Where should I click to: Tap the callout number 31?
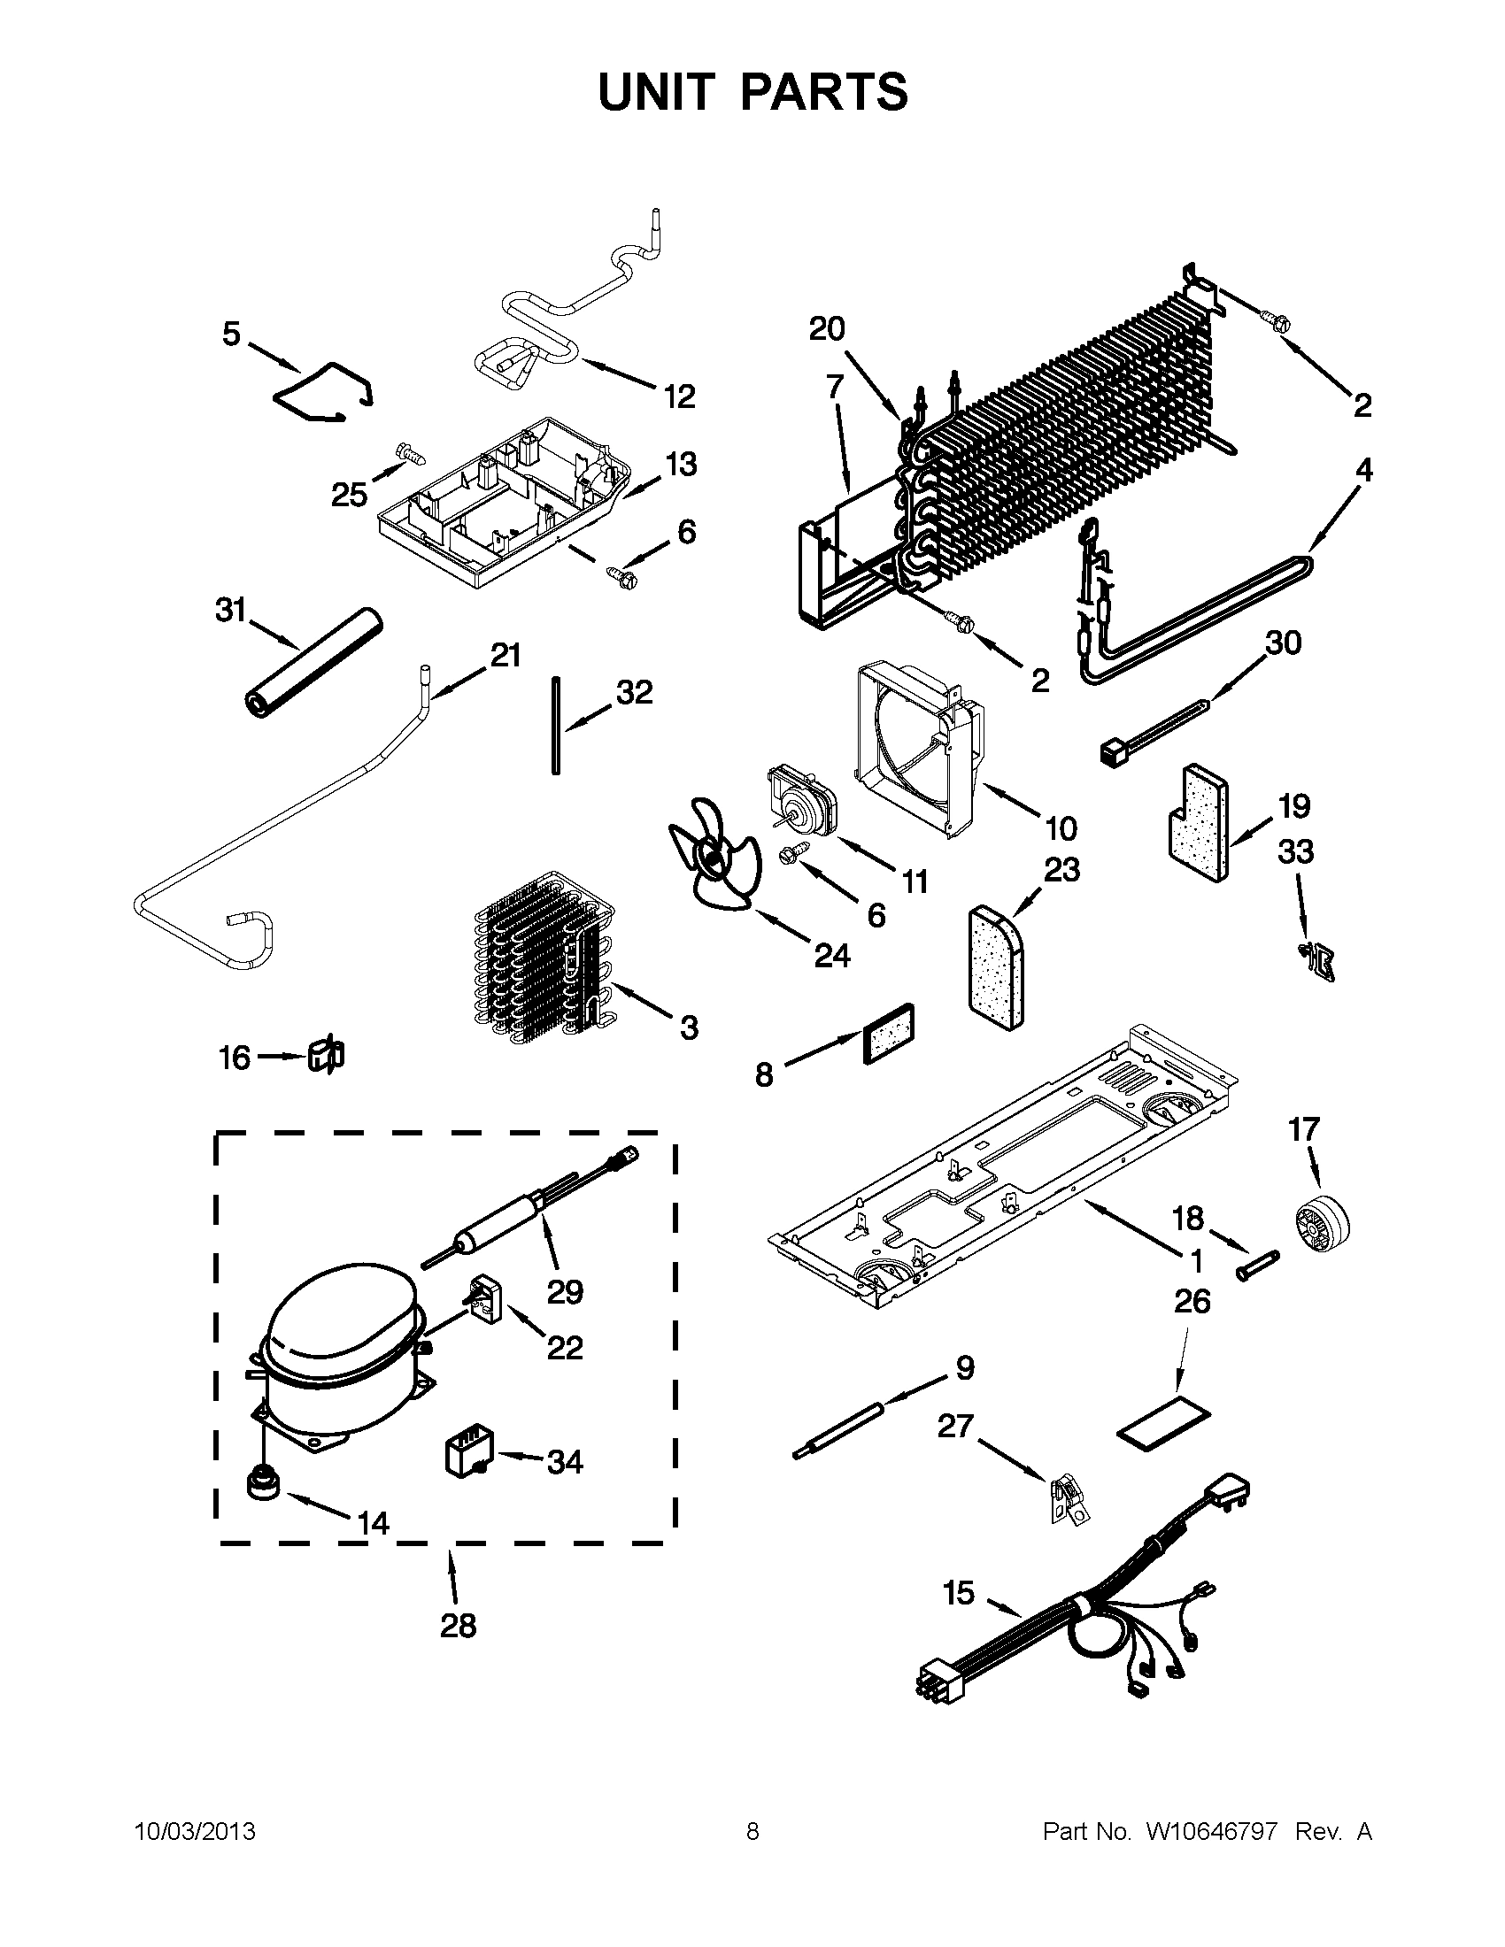tap(230, 611)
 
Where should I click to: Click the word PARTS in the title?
tap(824, 92)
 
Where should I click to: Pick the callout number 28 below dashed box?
tap(458, 1626)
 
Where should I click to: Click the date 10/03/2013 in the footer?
tap(195, 1831)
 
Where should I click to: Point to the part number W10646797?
tap(1212, 1831)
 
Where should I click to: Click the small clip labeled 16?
tap(327, 1056)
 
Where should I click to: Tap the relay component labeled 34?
tap(469, 1457)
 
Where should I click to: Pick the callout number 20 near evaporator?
tap(827, 329)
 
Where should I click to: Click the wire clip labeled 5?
tap(327, 390)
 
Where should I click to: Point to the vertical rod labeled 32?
tap(555, 725)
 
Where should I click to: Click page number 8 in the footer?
tap(752, 1831)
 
